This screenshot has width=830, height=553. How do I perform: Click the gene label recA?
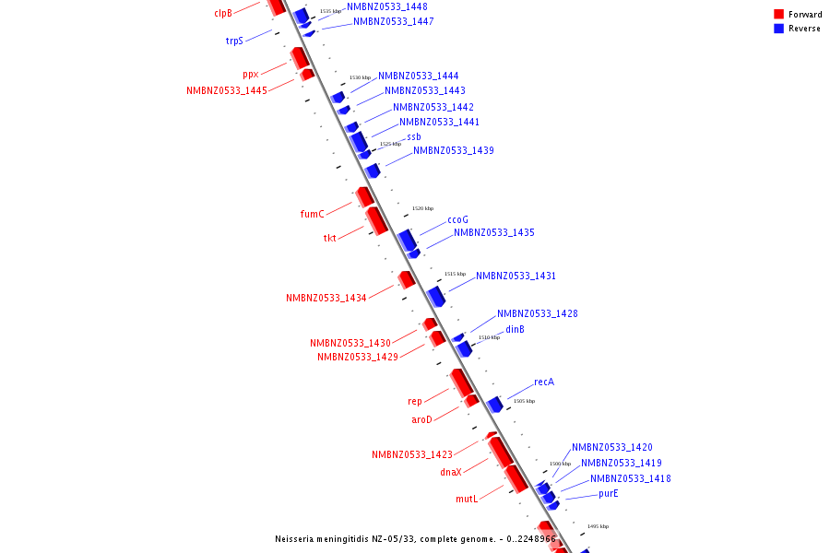pyautogui.click(x=544, y=382)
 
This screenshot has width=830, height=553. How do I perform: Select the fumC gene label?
pyautogui.click(x=313, y=214)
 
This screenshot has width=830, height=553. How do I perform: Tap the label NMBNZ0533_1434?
pyautogui.click(x=326, y=298)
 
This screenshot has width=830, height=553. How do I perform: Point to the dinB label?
pyautogui.click(x=515, y=329)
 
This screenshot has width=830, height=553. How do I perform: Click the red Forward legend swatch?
pyautogui.click(x=779, y=14)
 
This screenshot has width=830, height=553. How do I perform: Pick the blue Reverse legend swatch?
pyautogui.click(x=779, y=29)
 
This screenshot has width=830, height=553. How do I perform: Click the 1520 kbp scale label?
pyautogui.click(x=422, y=208)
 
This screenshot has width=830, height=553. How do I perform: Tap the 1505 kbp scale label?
pyautogui.click(x=524, y=401)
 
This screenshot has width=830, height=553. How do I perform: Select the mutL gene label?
pyautogui.click(x=467, y=499)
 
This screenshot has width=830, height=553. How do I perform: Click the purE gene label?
pyautogui.click(x=608, y=493)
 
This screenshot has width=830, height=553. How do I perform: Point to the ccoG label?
pyautogui.click(x=457, y=219)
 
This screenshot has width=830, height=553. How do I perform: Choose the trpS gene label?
pyautogui.click(x=234, y=41)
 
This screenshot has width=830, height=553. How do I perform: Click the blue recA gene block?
pyautogui.click(x=495, y=404)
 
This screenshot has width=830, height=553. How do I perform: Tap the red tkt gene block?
pyautogui.click(x=376, y=220)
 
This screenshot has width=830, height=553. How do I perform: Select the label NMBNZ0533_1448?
pyautogui.click(x=386, y=6)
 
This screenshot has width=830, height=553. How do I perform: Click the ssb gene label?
pyautogui.click(x=413, y=136)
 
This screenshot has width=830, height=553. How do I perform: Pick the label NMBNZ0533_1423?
pyautogui.click(x=411, y=454)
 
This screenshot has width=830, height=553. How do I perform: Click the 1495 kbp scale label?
pyautogui.click(x=598, y=526)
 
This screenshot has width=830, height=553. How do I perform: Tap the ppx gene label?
pyautogui.click(x=251, y=74)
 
